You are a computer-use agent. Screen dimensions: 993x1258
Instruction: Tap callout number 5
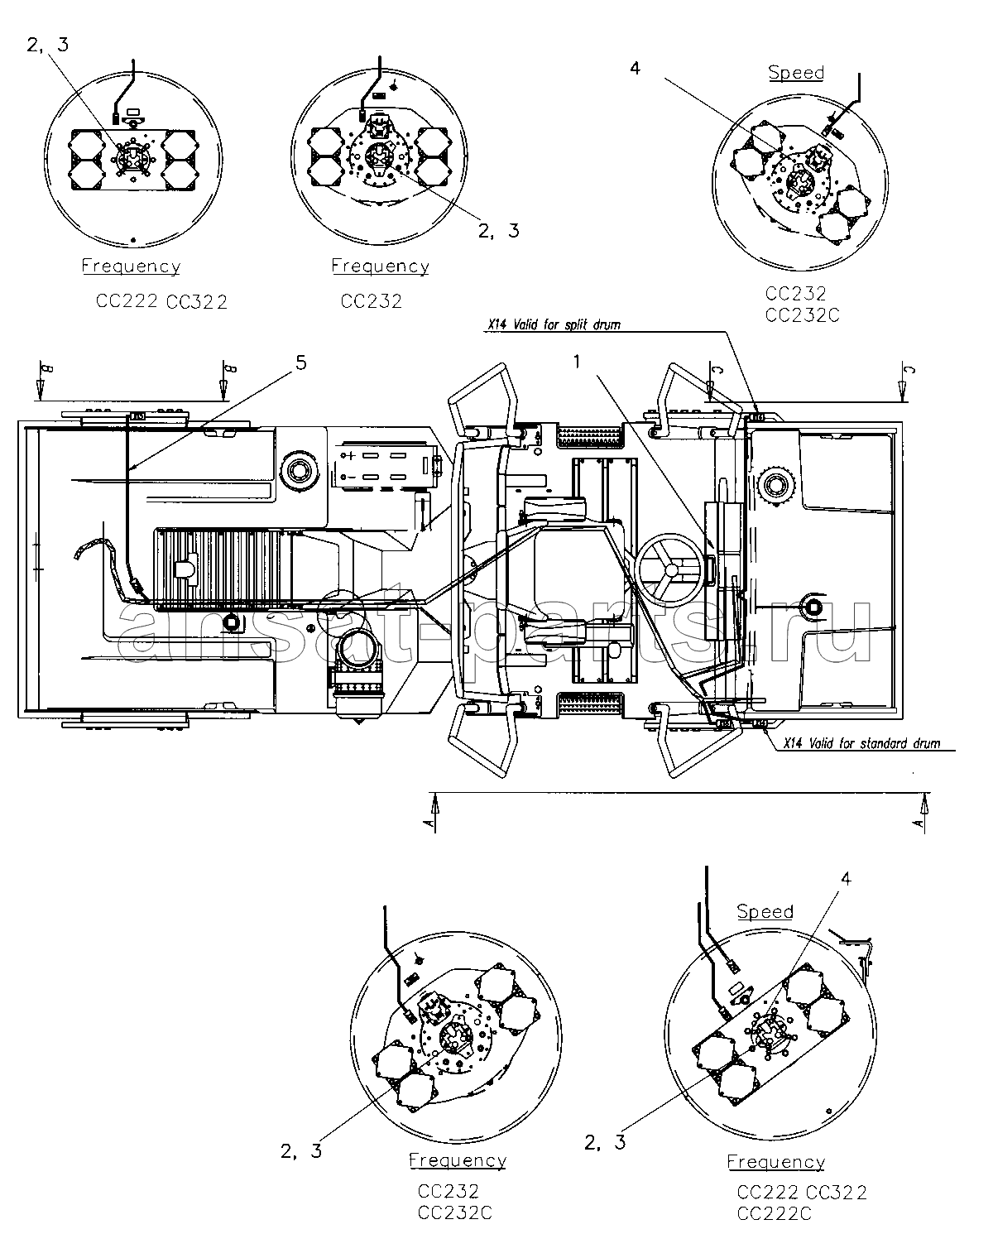(300, 363)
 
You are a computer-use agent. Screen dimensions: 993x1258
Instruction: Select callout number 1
(577, 363)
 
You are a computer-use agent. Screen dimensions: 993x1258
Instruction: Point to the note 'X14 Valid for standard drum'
(861, 743)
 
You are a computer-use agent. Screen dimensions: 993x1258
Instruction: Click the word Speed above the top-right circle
(796, 73)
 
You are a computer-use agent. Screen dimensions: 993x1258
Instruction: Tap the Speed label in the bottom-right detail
(765, 911)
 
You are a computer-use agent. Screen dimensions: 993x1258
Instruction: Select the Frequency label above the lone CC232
(381, 266)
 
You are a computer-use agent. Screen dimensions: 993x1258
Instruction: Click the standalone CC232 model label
(371, 301)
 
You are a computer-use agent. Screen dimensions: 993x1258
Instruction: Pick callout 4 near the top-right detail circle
(635, 69)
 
